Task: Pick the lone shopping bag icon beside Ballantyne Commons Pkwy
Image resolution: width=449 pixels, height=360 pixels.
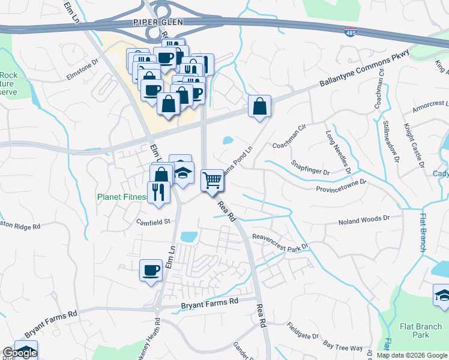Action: click(260, 107)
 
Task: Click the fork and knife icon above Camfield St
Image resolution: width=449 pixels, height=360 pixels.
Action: click(158, 192)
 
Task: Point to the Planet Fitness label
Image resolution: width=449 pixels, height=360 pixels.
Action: click(120, 196)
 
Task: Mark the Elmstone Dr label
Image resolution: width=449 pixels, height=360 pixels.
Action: click(82, 64)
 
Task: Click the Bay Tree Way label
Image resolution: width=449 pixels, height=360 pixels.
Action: click(343, 347)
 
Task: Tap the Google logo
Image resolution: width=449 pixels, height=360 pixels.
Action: click(20, 353)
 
